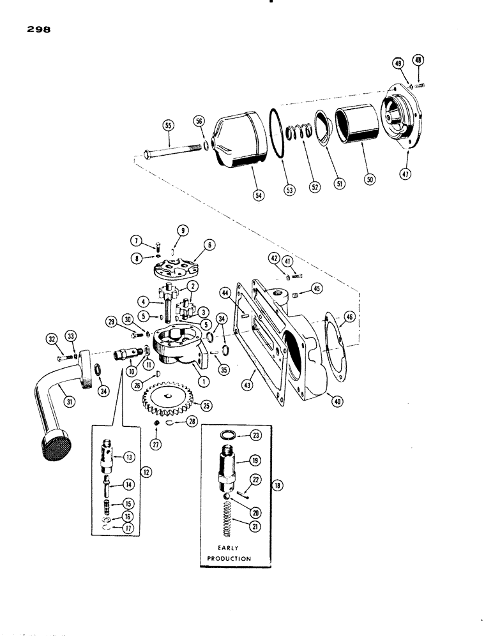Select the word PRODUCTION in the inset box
(229, 558)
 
